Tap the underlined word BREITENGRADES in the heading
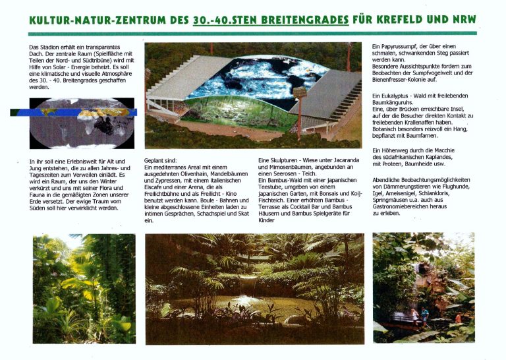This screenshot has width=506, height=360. click(x=305, y=20)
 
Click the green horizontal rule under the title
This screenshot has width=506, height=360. click(x=252, y=33)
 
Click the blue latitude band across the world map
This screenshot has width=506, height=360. click(x=74, y=112)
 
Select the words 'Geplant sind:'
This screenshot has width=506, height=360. click(x=160, y=161)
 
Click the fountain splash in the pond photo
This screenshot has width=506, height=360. click(x=248, y=299)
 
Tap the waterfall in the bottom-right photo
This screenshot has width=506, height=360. click(x=418, y=284)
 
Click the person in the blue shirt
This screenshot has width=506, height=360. click(x=424, y=316)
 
